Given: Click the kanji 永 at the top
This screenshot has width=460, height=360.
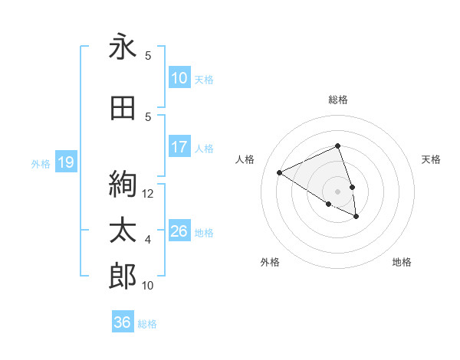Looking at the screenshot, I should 123,47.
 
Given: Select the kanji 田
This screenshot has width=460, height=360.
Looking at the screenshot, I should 123,108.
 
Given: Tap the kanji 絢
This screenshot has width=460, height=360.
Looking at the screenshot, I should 123,183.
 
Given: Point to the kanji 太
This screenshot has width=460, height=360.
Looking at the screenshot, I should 123,231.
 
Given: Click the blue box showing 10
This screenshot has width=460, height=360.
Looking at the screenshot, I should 179,78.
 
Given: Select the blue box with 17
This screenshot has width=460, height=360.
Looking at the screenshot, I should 179,147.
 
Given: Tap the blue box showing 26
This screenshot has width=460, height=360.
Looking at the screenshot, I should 179,231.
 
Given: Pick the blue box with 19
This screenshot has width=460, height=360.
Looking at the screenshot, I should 65,162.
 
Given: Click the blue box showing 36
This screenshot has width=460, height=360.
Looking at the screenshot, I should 122,322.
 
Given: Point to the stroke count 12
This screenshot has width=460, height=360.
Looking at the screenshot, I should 149,194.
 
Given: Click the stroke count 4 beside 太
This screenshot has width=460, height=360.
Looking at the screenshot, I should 148,240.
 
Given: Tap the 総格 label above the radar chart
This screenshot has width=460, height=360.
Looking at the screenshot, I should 337,100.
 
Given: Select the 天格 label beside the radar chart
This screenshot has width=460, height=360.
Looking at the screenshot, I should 431,159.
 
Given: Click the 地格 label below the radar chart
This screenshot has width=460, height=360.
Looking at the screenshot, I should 402,262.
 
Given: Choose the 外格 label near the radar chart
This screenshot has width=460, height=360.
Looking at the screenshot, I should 270,262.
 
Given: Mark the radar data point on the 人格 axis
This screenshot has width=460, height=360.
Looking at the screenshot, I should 280,172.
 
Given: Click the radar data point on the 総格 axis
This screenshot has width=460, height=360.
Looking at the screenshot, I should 337,146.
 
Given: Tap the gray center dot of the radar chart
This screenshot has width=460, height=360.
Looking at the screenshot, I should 337,191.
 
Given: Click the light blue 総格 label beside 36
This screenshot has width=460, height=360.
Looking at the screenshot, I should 147,323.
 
